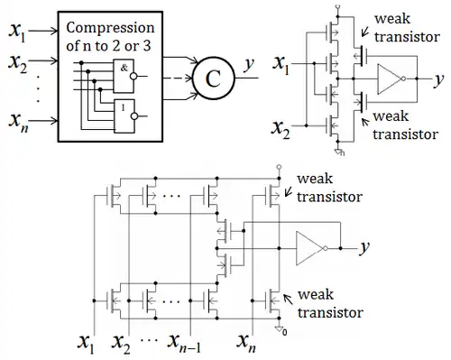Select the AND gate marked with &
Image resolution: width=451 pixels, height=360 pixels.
click(124, 76)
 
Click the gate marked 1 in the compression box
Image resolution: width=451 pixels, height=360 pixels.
click(124, 116)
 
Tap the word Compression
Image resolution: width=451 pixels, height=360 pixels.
click(110, 28)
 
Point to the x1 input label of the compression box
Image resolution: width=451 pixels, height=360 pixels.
click(17, 32)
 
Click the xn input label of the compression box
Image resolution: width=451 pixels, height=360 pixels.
click(19, 122)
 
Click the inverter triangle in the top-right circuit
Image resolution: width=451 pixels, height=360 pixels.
click(390, 78)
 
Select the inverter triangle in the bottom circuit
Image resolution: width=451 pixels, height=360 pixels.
click(309, 248)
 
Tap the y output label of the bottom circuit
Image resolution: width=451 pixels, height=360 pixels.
click(364, 247)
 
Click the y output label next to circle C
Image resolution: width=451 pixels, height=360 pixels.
click(249, 64)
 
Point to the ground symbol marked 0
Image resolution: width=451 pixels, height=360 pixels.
click(280, 330)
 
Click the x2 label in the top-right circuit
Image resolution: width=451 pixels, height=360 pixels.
click(281, 129)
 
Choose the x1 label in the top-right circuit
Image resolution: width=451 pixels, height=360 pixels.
click(281, 65)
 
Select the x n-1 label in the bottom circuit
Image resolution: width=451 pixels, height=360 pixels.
click(184, 343)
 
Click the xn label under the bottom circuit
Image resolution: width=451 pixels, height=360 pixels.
click(246, 343)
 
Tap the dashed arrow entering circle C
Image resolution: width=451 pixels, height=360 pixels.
click(178, 78)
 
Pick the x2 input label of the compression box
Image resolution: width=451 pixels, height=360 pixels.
click(18, 64)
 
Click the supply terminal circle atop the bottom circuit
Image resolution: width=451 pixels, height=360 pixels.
click(279, 166)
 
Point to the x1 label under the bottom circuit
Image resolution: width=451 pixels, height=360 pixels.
click(87, 343)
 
